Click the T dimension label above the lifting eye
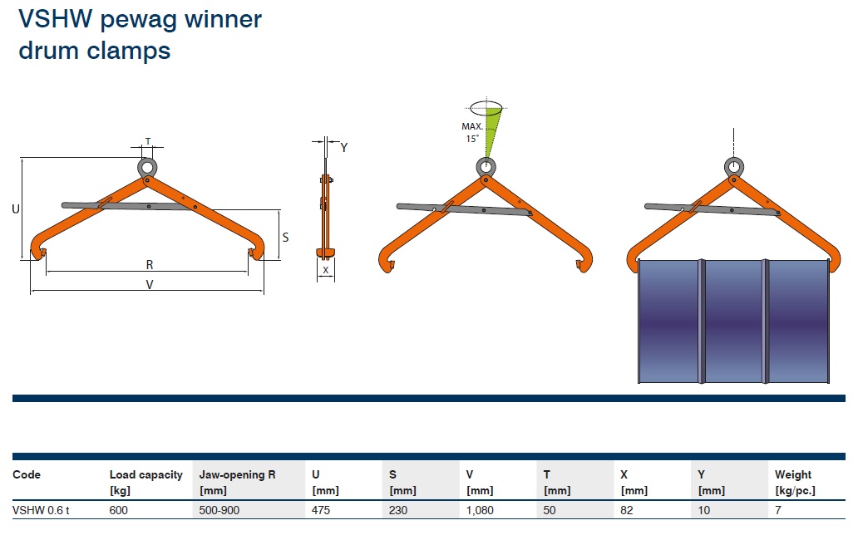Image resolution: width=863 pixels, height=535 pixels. [x=147, y=141]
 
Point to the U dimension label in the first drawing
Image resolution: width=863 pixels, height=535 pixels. [x=16, y=209]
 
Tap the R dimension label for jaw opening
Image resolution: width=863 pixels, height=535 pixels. [x=150, y=265]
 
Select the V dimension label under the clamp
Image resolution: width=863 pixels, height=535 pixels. [x=150, y=284]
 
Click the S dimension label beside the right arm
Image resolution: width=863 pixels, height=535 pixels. [x=285, y=238]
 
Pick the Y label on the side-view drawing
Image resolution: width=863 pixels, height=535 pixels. [x=344, y=147]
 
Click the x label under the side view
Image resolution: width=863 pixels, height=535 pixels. [x=326, y=270]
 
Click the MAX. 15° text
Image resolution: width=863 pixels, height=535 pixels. [x=472, y=133]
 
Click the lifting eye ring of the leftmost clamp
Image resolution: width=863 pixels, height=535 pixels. [x=147, y=160]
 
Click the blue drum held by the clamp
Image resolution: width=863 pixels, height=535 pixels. [x=733, y=321]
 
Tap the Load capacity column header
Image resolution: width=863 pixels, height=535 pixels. [x=145, y=482]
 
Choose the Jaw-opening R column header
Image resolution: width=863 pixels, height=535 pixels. [x=237, y=482]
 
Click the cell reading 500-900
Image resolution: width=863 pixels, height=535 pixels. [x=219, y=510]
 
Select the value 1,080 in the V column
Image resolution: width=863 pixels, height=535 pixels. [x=480, y=510]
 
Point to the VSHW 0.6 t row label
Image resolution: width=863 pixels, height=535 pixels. [x=41, y=510]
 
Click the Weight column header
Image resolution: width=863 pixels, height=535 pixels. [x=795, y=482]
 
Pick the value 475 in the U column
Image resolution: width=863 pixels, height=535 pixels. [x=321, y=510]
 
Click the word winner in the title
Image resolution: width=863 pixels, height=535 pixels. [x=223, y=19]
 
